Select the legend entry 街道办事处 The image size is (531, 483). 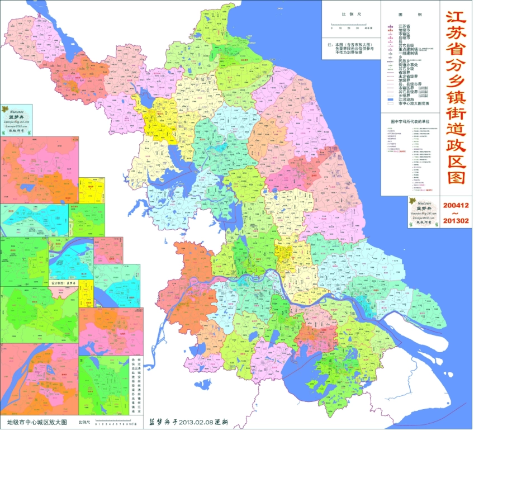tap(408, 64)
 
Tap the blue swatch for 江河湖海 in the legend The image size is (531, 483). tap(391, 100)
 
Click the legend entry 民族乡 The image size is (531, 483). tap(404, 60)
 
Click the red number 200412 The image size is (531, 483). tap(456, 205)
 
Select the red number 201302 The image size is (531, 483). tap(456, 221)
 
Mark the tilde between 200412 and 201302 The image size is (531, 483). tap(456, 213)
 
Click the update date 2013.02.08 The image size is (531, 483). tap(195, 423)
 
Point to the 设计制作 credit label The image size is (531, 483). tap(58, 283)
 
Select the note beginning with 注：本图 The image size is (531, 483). tap(351, 48)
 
